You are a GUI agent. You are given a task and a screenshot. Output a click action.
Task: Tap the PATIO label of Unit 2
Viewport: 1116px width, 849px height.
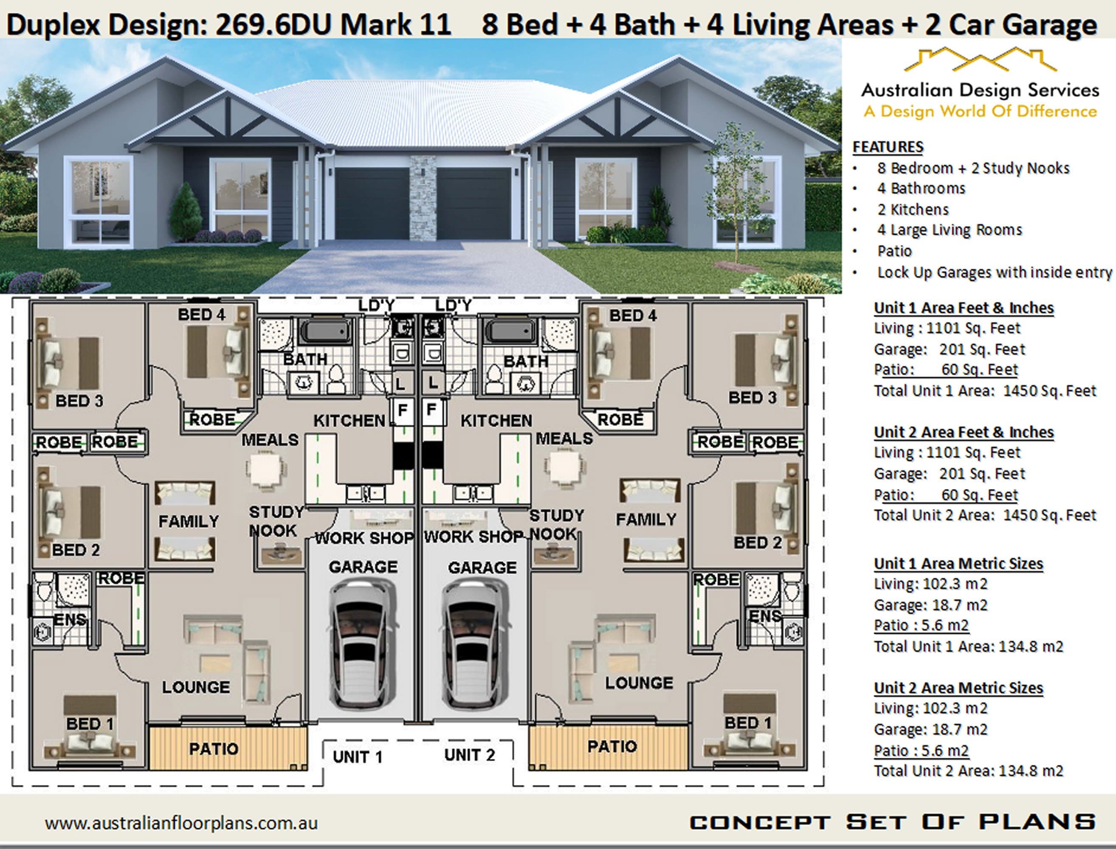[x=612, y=746]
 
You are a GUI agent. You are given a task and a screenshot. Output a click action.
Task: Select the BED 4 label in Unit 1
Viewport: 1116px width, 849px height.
[x=201, y=315]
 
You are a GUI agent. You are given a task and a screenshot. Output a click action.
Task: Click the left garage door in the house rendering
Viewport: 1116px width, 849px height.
[x=372, y=203]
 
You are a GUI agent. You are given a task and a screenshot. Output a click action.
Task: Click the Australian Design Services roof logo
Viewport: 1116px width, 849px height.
[x=980, y=61]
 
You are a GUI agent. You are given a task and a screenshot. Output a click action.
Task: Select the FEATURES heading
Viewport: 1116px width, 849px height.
[x=888, y=147]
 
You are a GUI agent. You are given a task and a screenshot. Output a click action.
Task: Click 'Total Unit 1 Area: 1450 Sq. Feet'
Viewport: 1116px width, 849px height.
[x=985, y=391]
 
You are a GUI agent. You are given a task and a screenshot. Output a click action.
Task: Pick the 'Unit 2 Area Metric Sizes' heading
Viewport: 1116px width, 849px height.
[x=958, y=688]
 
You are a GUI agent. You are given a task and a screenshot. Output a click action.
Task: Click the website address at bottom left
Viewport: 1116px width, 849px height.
[x=181, y=823]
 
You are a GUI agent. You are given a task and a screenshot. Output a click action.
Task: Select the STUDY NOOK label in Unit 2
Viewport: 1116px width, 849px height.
[x=556, y=525]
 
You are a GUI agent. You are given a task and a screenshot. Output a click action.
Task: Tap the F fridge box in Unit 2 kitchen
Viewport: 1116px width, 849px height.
[x=431, y=410]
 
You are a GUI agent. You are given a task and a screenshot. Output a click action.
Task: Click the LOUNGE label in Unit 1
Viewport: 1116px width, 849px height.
[x=196, y=687]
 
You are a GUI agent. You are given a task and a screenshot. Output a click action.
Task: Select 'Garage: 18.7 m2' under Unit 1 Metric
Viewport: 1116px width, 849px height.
[x=930, y=605]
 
